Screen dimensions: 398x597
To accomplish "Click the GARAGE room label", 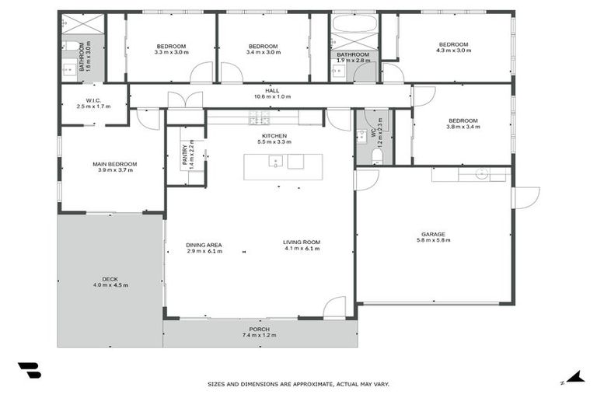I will click(x=433, y=233).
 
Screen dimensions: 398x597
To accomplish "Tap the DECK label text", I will click(x=109, y=279).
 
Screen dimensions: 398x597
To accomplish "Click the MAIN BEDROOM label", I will click(x=115, y=164).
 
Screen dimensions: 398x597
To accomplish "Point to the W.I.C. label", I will click(x=94, y=99).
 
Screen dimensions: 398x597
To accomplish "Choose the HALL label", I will click(x=271, y=91).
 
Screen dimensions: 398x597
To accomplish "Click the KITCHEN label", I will click(x=274, y=136).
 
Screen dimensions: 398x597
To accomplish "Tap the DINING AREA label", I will click(x=204, y=244).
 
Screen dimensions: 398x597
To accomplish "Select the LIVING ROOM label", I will click(x=302, y=243).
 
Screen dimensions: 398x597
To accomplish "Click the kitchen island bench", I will click(x=283, y=166).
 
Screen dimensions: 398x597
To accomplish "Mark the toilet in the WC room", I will click(x=377, y=155).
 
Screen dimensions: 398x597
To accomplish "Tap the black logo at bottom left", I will click(x=29, y=371).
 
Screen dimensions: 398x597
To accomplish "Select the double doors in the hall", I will click(x=185, y=100).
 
